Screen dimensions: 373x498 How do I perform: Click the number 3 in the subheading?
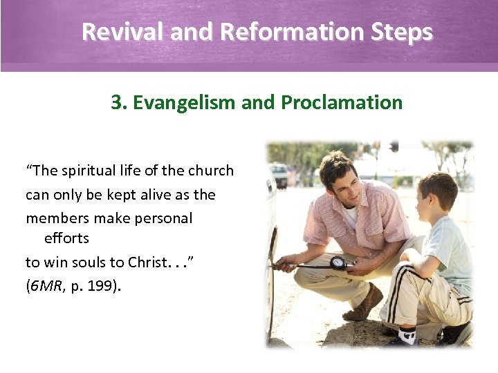(116, 102)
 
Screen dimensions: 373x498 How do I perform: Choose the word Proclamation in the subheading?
(342, 102)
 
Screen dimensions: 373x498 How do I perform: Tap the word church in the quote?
(211, 171)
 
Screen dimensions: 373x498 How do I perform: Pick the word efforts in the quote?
(66, 238)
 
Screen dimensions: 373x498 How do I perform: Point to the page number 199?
(106, 285)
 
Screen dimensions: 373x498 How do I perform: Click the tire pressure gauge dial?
(338, 262)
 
